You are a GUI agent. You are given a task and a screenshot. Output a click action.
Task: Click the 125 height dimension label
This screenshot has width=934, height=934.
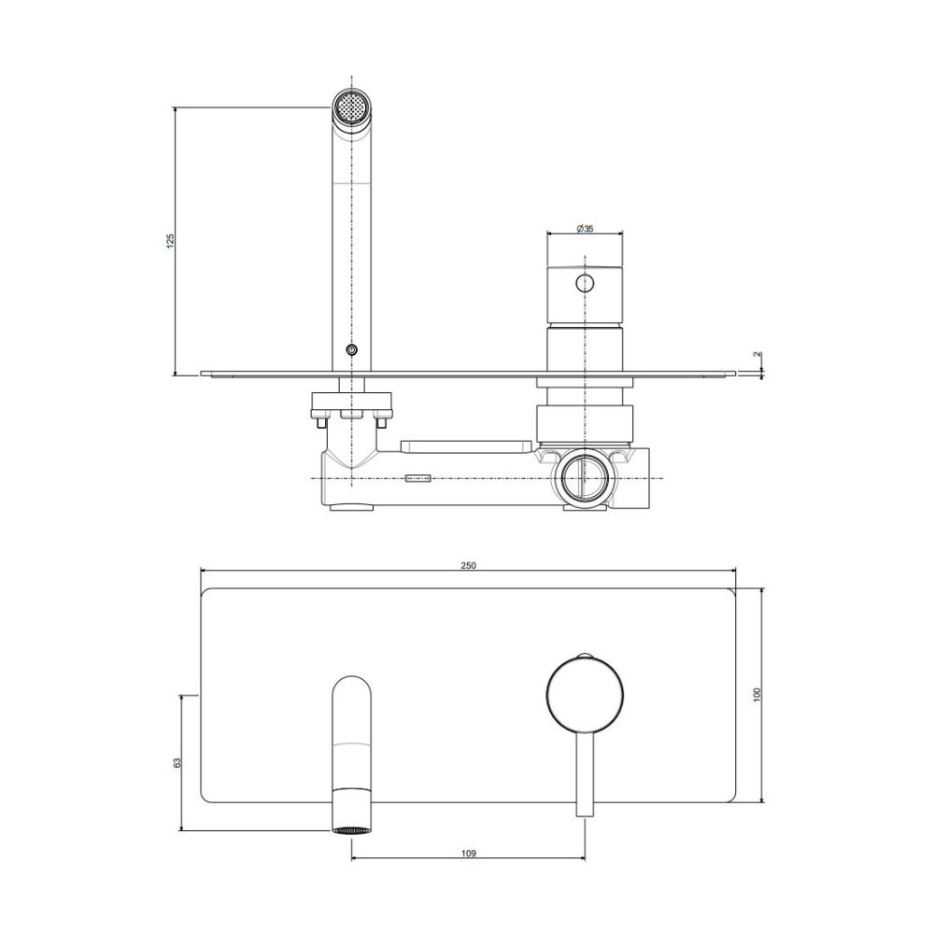171,240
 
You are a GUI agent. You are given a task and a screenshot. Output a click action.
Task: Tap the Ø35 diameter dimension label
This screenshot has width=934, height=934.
585,229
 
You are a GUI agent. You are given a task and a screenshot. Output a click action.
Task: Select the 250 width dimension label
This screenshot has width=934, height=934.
469,565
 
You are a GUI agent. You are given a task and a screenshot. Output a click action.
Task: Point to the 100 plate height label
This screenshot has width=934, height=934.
757,695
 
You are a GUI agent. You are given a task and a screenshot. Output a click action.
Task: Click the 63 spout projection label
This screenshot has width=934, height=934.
177,763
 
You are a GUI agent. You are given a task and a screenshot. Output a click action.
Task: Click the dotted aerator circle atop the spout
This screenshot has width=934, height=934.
352,107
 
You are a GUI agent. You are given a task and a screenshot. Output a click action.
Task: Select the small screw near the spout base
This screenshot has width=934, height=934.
352,350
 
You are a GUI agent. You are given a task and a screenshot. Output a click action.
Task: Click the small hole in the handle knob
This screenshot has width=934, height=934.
585,283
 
